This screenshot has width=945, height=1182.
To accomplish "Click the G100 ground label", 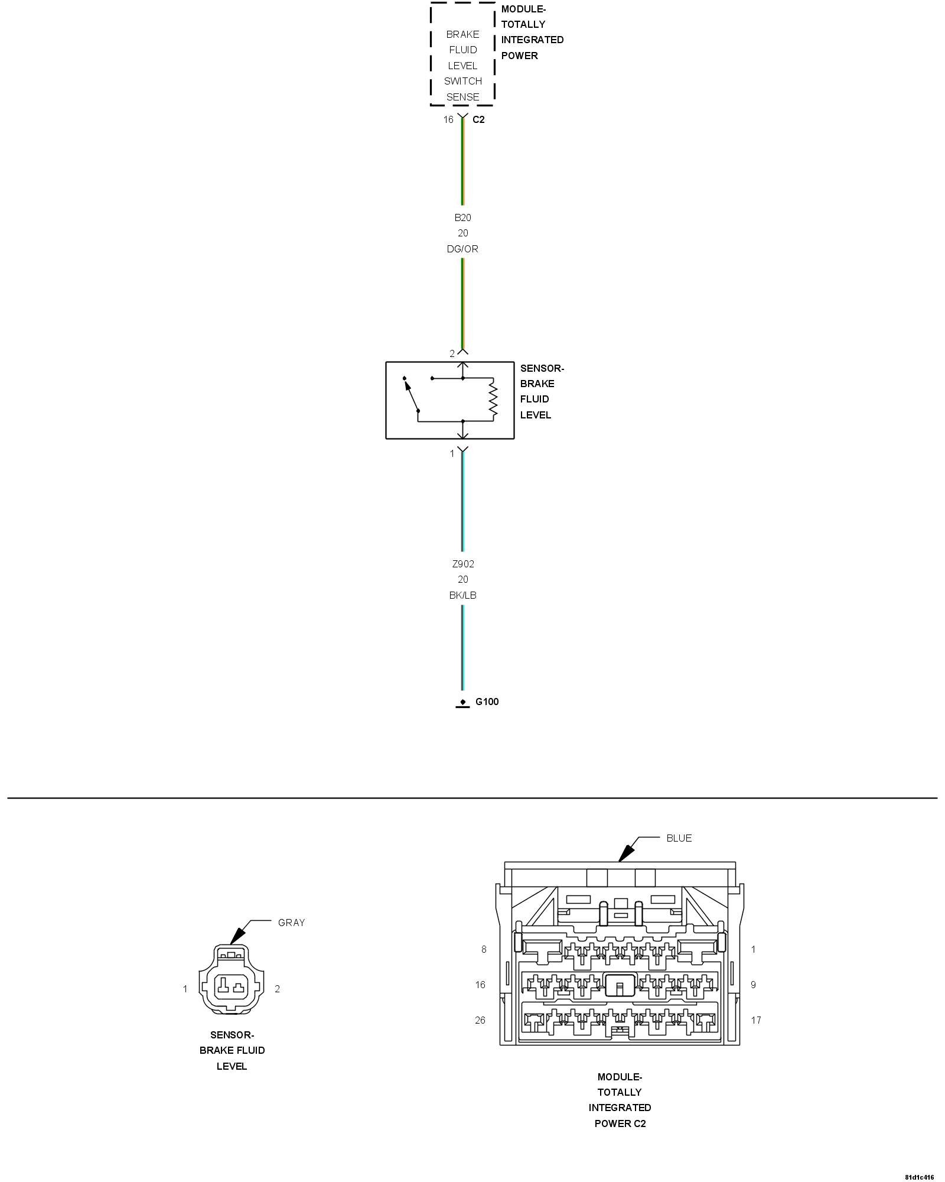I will click(x=487, y=702).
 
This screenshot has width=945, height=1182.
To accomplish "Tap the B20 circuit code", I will click(x=462, y=217).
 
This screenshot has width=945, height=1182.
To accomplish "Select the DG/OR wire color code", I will click(x=462, y=249).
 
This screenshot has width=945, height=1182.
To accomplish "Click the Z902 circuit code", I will click(x=462, y=564).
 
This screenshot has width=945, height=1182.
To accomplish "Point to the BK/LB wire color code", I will click(x=462, y=595).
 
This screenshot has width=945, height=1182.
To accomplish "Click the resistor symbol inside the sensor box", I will click(x=493, y=400).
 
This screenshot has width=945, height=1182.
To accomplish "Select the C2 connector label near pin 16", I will click(x=478, y=119).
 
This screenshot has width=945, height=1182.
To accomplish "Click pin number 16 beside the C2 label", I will click(x=448, y=119).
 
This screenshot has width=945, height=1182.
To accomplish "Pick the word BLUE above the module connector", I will click(x=679, y=838).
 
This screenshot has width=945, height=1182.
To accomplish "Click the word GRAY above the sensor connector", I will click(x=291, y=923).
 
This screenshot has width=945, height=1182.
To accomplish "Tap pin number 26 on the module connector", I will click(x=480, y=1020).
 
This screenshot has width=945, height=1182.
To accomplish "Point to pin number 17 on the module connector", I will click(x=756, y=1020).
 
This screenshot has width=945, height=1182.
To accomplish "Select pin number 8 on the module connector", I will click(x=484, y=949).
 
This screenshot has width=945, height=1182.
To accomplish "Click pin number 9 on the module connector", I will click(x=753, y=985).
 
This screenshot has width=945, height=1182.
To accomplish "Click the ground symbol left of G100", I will click(x=462, y=703).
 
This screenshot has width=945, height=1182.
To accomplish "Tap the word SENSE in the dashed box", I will click(x=462, y=97).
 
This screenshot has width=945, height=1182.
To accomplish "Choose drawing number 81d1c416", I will click(x=919, y=1177).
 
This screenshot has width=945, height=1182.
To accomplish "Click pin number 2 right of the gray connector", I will click(x=277, y=989).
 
